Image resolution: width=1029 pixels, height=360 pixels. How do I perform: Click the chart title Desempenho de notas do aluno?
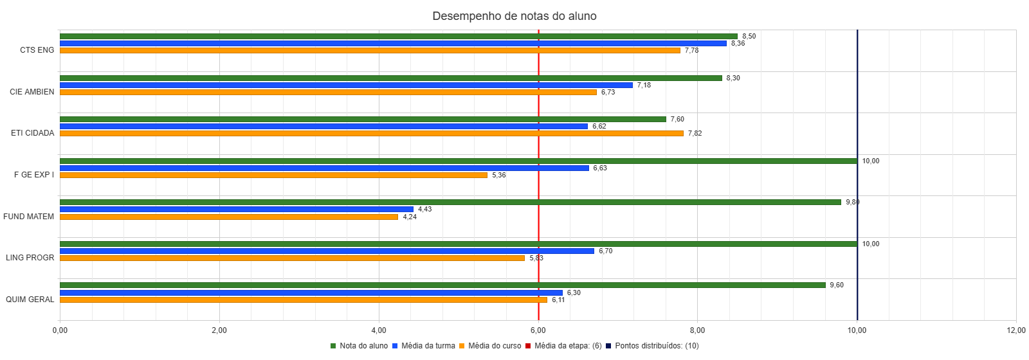[x=514, y=16]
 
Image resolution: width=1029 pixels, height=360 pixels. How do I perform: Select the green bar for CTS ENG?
[x=399, y=36]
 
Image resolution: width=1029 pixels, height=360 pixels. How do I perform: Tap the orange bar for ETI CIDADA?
[x=372, y=134]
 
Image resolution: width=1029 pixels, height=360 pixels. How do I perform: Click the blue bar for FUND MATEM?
[x=237, y=210]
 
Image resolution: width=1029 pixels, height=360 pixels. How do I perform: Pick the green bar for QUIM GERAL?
[x=442, y=285]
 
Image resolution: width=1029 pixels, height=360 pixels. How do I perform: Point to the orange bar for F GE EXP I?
[x=273, y=175]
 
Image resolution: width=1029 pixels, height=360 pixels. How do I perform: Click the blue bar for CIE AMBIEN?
[x=346, y=85]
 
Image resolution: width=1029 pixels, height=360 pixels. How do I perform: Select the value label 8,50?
[x=749, y=37]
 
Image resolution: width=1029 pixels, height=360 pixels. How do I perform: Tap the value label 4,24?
[x=410, y=217]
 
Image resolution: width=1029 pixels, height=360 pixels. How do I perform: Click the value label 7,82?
[x=695, y=134]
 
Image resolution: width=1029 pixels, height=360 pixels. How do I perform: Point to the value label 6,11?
[x=558, y=300]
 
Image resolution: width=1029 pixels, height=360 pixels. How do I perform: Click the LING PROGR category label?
[x=30, y=258]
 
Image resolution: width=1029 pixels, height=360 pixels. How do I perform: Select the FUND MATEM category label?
[x=29, y=217]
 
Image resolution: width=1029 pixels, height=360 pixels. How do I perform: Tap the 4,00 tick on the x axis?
[x=379, y=330]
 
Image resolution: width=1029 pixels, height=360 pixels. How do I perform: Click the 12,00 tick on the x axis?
[x=1016, y=330]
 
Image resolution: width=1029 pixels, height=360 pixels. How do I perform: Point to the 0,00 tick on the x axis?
[x=60, y=330]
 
